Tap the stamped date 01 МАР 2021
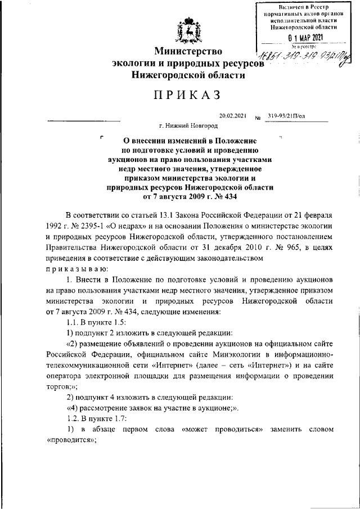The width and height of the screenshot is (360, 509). tap(303, 38)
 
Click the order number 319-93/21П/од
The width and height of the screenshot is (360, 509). tap(287, 115)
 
